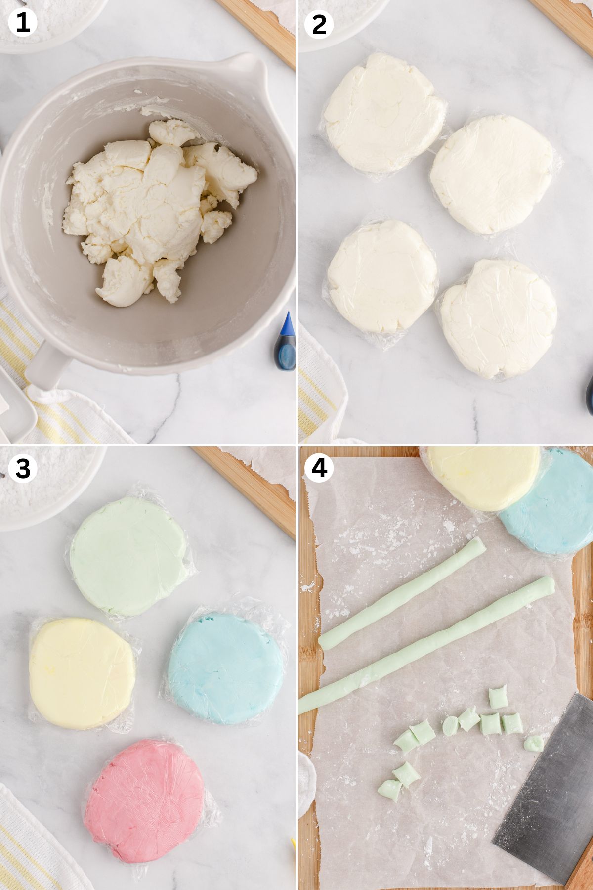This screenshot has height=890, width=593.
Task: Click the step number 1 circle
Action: [x=22, y=23]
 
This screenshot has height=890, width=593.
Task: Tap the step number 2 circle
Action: [x=319, y=23]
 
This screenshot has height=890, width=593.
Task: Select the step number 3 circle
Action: [x=22, y=468]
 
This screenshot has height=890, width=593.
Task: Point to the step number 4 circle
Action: [x=319, y=468]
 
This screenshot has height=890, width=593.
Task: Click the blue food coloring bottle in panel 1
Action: [x=285, y=344]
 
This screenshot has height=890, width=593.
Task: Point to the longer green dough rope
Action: [x=425, y=645]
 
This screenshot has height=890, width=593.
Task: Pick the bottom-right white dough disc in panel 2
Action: [x=499, y=319]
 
